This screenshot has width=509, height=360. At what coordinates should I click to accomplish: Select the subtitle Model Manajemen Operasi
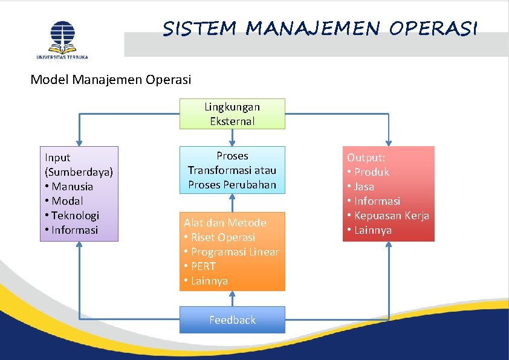point(111,79)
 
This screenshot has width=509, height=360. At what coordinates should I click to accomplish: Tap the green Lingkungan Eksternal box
point(232,114)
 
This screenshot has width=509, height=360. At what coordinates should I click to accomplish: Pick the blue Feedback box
point(232,320)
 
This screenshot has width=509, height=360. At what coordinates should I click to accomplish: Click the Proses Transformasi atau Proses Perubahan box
point(232,170)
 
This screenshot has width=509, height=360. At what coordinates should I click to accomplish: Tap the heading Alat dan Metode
point(225,223)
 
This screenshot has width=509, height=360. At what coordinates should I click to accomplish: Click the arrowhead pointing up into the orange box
point(232,295)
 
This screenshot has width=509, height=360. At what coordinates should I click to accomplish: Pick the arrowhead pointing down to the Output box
point(389,141)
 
